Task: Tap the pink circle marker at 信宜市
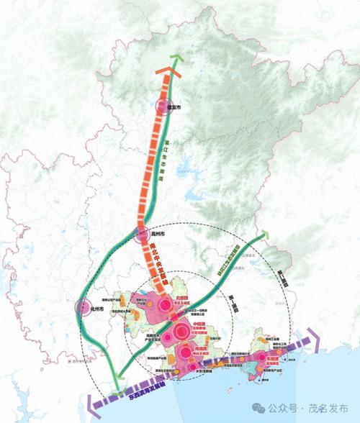(x=165, y=109)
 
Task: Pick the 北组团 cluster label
(x=176, y=294)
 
